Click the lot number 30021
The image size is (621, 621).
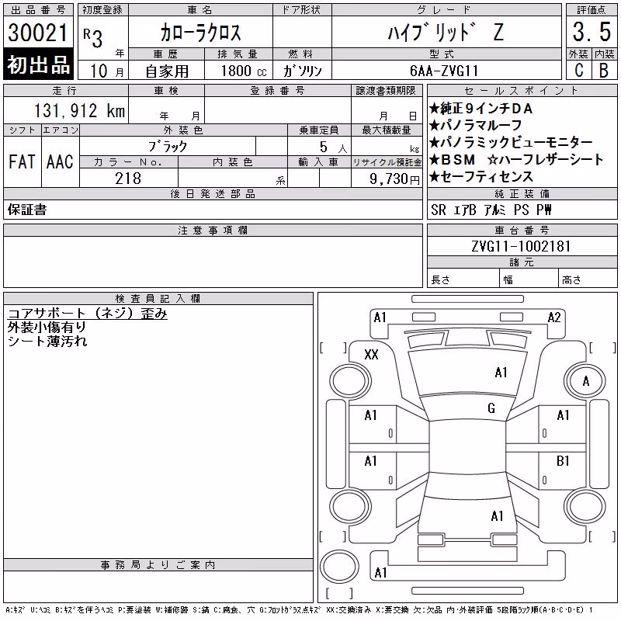coord(38,33)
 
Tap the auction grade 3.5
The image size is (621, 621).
coord(592,32)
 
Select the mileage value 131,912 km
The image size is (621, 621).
coord(79,110)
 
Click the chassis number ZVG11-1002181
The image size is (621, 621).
coord(521,246)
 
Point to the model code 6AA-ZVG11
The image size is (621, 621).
coord(444,71)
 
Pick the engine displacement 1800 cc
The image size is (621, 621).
coord(244,71)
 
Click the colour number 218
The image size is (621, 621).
coord(128,179)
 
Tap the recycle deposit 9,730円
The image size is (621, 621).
coord(394,179)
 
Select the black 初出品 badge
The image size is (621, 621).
coord(38,64)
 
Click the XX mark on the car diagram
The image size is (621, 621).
coord(371,354)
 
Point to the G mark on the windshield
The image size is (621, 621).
coord(491,408)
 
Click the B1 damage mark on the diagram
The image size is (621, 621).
coord(563,460)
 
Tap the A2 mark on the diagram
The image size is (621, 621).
coord(554,317)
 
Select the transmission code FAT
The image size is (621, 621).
coord(22,161)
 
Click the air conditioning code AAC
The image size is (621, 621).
coord(60,161)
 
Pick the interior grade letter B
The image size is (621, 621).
coord(604,71)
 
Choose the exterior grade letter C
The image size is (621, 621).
coord(578,71)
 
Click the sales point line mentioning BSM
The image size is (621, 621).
coord(515,159)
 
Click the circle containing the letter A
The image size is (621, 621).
coord(585,381)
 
